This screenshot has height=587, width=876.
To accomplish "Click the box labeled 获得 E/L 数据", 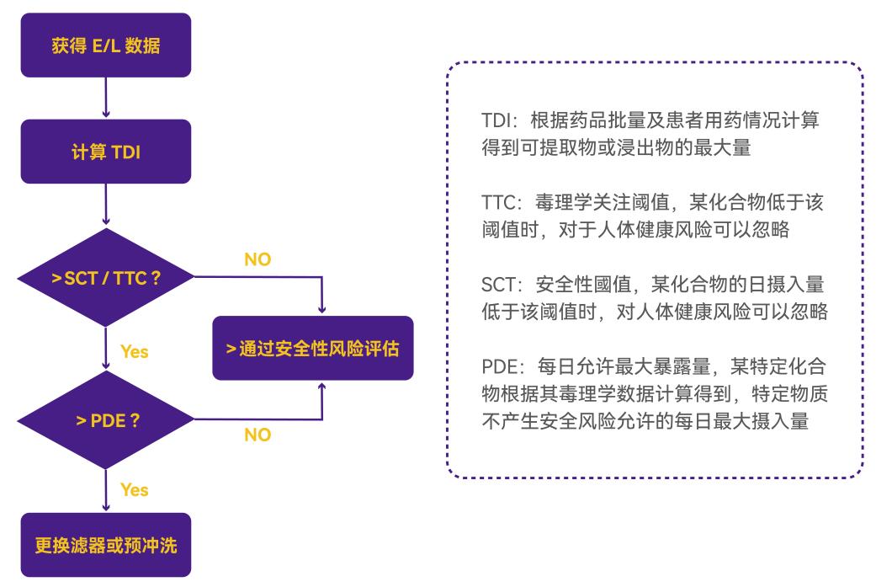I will pos(105,45).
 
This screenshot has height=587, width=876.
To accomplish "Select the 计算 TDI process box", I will pos(105,155).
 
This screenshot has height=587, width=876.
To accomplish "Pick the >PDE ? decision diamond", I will pos(105,419).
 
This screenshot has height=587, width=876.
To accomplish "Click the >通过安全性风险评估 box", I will pos(313,348).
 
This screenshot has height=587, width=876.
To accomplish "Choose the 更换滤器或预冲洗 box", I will pos(105,544).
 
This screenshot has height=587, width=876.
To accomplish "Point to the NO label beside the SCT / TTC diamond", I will pos(257,259).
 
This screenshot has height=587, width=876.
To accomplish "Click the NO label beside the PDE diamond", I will pos(257,436).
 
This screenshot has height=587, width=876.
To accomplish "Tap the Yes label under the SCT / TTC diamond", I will pos(135,351).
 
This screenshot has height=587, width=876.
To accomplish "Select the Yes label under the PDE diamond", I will pos(135,489).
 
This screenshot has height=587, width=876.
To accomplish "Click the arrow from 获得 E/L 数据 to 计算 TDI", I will pos(105,97).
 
